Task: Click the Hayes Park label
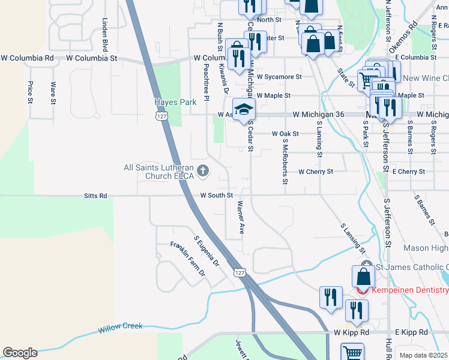175,103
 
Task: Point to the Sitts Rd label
95,196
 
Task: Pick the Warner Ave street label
241,217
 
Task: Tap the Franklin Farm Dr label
187,259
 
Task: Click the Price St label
30,92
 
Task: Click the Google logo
20,353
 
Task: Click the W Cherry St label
315,172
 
